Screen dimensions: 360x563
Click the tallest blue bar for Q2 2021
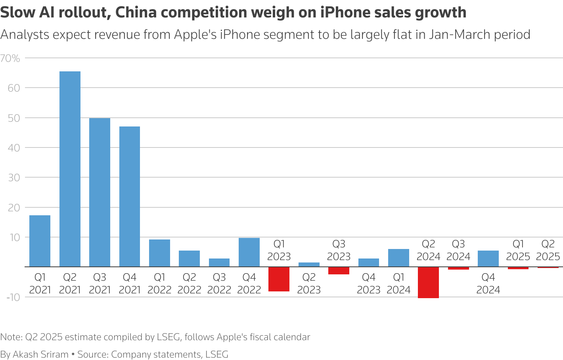click(x=70, y=169)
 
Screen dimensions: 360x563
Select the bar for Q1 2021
click(x=40, y=241)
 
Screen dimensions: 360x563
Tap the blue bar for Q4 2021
click(x=130, y=196)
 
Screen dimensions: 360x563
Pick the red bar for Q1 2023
click(x=279, y=279)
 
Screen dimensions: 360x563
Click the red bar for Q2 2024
click(x=429, y=282)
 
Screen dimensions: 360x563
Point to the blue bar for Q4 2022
click(x=249, y=252)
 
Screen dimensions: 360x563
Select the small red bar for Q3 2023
click(x=339, y=270)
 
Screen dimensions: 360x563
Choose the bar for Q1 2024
click(x=398, y=258)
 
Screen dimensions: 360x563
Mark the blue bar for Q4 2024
click(x=488, y=259)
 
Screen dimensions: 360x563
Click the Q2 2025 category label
click(x=548, y=250)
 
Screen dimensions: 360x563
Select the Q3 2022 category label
click(x=219, y=283)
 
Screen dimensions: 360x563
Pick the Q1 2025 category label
click(x=518, y=250)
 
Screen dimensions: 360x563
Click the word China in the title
click(x=136, y=13)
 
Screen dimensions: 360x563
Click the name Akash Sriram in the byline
click(x=41, y=354)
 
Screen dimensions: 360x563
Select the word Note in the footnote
click(x=11, y=337)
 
